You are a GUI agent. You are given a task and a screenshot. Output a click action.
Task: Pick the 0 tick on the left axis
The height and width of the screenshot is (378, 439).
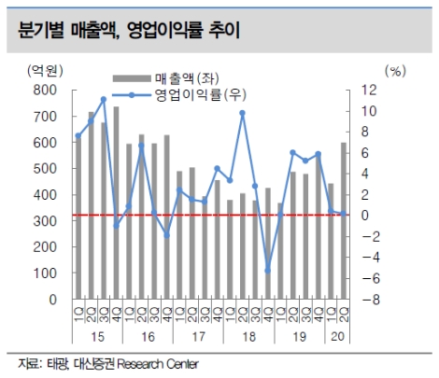click(x=51, y=301)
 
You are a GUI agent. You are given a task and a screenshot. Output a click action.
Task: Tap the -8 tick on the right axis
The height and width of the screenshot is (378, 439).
click(x=392, y=301)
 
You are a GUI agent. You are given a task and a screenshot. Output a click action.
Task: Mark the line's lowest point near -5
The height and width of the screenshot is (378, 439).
click(x=267, y=271)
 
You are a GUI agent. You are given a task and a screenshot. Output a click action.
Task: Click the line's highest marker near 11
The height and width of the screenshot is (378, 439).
click(x=104, y=99)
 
